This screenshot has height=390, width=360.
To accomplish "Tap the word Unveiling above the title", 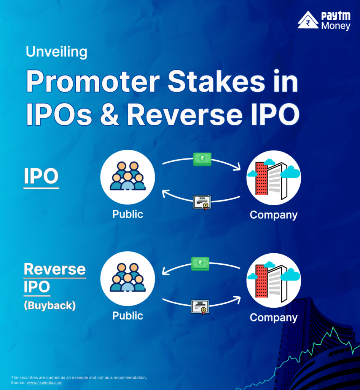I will coord(56,51).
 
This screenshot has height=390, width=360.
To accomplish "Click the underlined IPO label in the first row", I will coord(41,176).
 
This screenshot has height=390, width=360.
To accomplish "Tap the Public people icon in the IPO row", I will coord(127,177).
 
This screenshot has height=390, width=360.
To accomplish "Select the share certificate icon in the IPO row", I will coord(202,202).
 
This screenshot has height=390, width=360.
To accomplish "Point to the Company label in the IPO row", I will coord(273,215).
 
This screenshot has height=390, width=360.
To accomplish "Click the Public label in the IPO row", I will coord(127,214).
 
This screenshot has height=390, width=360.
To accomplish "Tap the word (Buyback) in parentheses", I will coord(50,305).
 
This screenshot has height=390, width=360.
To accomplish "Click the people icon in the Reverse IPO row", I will coord(127,279).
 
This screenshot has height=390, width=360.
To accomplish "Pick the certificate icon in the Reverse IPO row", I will coord(200,306).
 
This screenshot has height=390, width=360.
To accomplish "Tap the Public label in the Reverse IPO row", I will coord(127,316).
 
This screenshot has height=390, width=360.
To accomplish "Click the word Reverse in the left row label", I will coord(54,269).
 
